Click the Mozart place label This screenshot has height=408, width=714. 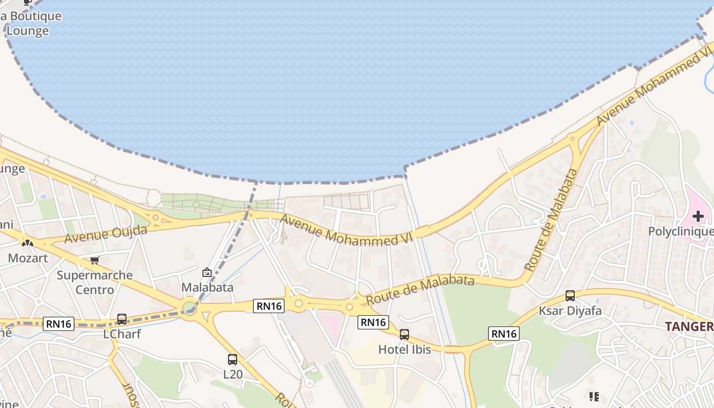point(28,258)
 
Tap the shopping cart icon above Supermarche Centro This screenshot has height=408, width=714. point(94,261)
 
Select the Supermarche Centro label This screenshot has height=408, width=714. point(94,283)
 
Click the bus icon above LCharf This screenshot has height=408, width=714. point(122,319)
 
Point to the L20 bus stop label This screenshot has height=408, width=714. point(233,374)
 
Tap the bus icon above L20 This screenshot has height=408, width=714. point(233,360)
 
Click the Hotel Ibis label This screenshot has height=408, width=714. point(404,349)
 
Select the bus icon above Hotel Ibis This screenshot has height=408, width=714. point(404,335)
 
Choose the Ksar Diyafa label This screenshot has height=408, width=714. point(570,311)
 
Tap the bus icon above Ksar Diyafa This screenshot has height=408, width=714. point(570,296)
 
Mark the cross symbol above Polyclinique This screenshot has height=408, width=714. point(698,216)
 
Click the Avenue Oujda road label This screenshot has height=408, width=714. point(106,234)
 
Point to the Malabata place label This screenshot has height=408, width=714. point(208,287)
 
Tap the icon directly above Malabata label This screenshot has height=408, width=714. point(207,272)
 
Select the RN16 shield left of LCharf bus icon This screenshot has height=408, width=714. point(59,323)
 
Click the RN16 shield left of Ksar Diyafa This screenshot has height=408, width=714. point(504,334)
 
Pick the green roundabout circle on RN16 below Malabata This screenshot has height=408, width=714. point(190,308)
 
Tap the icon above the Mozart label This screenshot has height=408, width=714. point(28,243)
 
